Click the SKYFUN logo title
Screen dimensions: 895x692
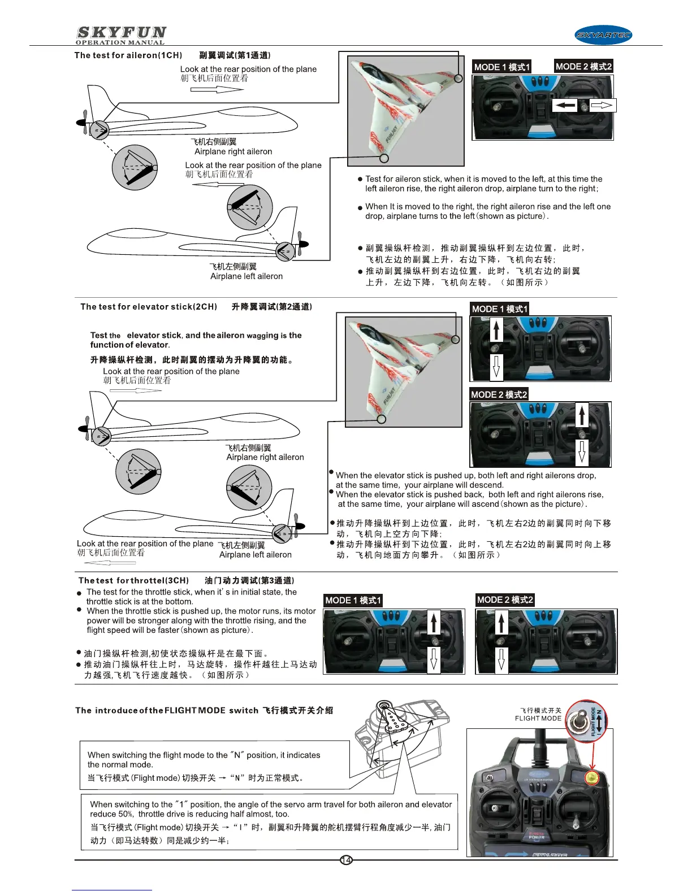(121, 33)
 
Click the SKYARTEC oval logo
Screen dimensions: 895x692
(603, 35)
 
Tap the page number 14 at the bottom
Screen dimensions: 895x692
(346, 860)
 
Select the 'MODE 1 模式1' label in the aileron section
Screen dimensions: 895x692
(501, 67)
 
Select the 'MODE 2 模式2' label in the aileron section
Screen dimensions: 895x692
(583, 67)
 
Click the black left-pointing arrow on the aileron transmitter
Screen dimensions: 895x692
(565, 105)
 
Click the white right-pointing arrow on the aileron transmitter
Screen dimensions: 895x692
(602, 105)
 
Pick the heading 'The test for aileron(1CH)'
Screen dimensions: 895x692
(128, 55)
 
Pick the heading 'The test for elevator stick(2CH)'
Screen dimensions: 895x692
(149, 307)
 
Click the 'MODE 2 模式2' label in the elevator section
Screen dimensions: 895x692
(499, 394)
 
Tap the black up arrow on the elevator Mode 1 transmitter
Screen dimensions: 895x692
(496, 329)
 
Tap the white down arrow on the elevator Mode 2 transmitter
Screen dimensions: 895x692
(582, 451)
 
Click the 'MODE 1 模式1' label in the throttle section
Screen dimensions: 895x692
(353, 600)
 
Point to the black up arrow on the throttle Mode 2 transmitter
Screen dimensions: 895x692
(501, 623)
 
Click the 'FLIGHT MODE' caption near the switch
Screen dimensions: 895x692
(538, 719)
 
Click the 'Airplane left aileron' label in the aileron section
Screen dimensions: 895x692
(246, 276)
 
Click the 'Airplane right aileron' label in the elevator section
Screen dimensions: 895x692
(265, 457)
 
